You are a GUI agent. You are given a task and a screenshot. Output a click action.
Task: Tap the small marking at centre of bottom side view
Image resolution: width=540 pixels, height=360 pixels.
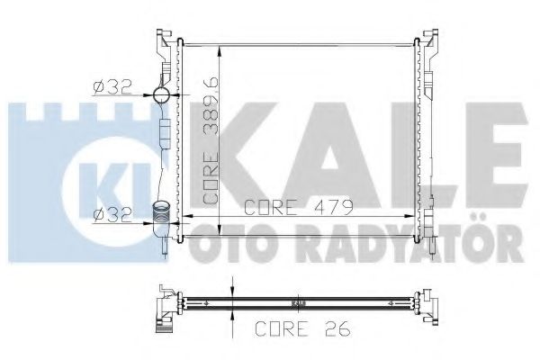(297, 303)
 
